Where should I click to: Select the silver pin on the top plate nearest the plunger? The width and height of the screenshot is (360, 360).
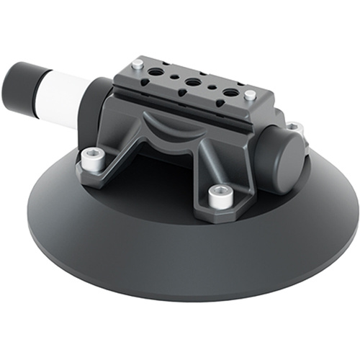136,66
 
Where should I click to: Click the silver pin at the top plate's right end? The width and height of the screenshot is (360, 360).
249,95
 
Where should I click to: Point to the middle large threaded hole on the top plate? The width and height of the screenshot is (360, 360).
192,84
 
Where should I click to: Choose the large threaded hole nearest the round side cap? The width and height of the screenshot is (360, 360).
230,93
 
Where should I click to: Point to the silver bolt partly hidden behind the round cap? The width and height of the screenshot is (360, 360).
294,129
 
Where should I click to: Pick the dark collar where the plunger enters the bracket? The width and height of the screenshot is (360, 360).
97,105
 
